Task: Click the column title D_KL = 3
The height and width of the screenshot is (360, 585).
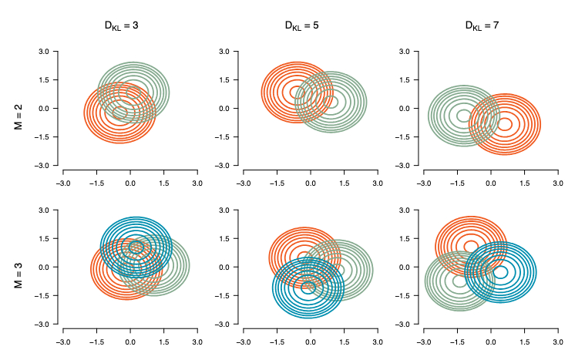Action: (x=121, y=25)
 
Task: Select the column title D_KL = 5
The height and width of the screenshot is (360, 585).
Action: (x=302, y=25)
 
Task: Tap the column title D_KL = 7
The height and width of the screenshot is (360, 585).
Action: (x=482, y=25)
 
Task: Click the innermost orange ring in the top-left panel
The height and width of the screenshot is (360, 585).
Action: (x=120, y=113)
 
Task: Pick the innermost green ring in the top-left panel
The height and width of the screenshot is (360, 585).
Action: (x=133, y=93)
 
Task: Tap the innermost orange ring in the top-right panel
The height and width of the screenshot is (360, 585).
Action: (x=505, y=123)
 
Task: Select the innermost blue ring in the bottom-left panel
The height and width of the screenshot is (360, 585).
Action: (x=136, y=247)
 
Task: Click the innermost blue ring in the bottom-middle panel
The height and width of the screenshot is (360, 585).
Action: (x=308, y=287)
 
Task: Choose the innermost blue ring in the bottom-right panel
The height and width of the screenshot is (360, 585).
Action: (x=500, y=272)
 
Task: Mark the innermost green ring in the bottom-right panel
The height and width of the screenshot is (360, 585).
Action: (x=460, y=281)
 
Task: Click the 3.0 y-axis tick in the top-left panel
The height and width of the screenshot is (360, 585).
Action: (x=45, y=52)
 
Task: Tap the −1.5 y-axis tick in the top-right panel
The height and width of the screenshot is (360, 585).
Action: (x=403, y=137)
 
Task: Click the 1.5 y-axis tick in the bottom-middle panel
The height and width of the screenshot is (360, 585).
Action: (x=225, y=239)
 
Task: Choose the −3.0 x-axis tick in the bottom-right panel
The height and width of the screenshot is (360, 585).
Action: (x=423, y=341)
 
